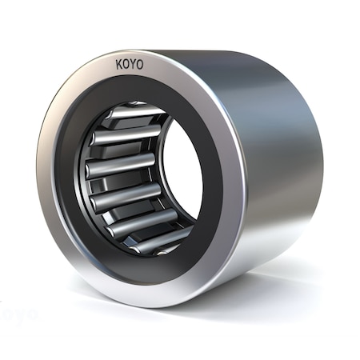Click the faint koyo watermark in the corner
click(x=18, y=314)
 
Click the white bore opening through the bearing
click(x=182, y=172)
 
